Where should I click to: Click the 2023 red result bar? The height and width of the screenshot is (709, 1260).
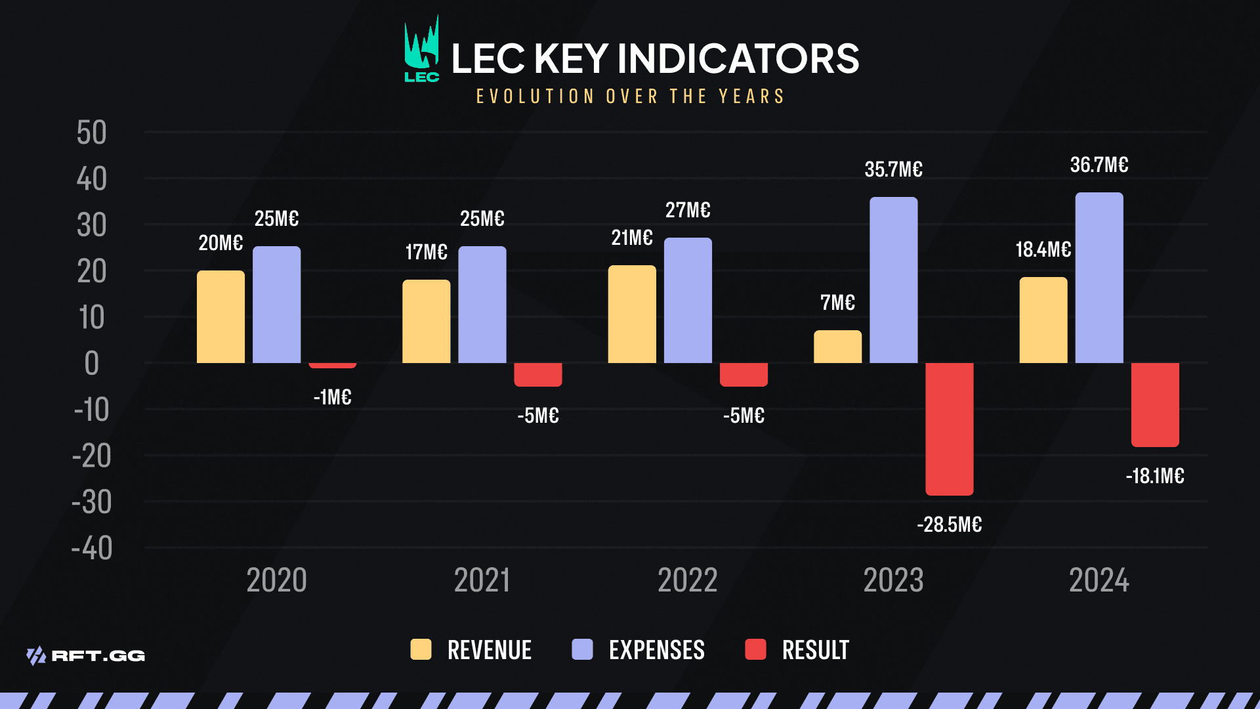(x=949, y=428)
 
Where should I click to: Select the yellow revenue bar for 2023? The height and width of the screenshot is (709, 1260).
(x=837, y=347)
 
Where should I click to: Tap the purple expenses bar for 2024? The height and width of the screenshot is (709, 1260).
(x=1099, y=278)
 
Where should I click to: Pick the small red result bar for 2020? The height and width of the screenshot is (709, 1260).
(x=333, y=365)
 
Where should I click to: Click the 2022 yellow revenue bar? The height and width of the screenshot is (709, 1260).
(x=632, y=314)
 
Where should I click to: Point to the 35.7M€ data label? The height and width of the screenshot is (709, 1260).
(x=893, y=169)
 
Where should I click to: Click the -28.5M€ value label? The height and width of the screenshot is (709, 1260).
(x=949, y=525)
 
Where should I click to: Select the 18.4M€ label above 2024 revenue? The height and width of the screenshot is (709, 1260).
(x=1043, y=249)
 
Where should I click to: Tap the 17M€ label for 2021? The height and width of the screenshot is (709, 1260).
(x=426, y=252)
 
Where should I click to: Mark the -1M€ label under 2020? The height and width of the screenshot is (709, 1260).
(x=333, y=397)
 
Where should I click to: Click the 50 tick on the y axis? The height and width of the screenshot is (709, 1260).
(x=91, y=133)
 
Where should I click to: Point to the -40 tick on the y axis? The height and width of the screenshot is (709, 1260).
(x=92, y=548)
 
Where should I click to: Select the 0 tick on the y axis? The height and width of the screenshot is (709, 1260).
(x=92, y=364)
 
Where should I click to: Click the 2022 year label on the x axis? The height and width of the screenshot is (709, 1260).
(x=688, y=580)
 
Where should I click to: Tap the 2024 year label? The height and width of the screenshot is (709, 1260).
(x=1099, y=580)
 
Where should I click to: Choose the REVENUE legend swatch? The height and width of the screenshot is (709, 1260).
(x=421, y=649)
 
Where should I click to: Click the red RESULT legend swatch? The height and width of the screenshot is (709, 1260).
(x=755, y=649)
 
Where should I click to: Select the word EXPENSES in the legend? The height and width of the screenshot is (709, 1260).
(x=656, y=650)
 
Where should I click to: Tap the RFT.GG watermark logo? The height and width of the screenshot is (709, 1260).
(x=86, y=655)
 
